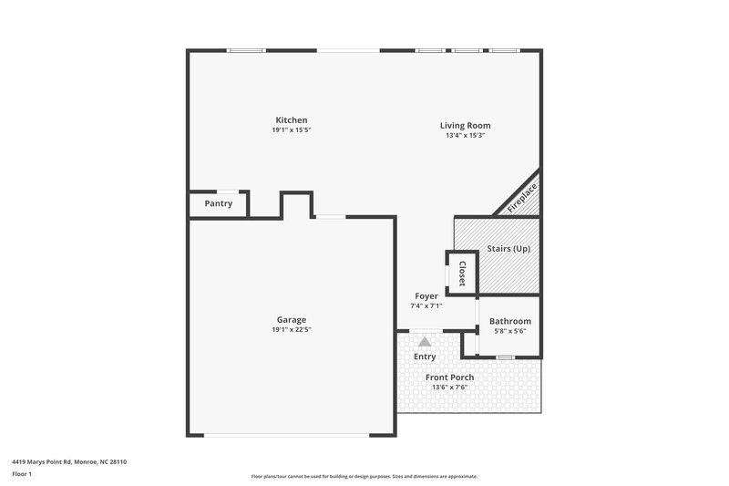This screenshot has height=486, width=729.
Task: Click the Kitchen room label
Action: pos(292,120)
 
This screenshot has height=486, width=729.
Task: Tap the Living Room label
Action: pos(465,126)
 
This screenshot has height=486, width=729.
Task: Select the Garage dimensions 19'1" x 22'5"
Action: pos(292,329)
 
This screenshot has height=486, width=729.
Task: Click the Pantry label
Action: pos(218,203)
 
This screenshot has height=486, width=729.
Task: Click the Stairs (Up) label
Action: pos(508,249)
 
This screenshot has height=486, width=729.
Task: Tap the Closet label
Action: pos(462,273)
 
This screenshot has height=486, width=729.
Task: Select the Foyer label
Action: pos(426,296)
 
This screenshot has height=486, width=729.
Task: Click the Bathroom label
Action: pos(509,321)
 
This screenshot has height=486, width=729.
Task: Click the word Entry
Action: pos(425,357)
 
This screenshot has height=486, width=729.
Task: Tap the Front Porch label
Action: pos(449,377)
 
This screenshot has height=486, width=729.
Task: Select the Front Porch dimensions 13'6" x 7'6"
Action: pos(449,387)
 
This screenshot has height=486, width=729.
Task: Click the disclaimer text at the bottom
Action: pos(364,476)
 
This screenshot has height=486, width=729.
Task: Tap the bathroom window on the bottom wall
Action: pos(503,358)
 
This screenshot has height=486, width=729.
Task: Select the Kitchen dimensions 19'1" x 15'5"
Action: pos(292,130)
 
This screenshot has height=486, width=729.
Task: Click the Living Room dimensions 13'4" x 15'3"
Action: pos(465,136)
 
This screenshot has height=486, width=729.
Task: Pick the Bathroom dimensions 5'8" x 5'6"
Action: pos(509,330)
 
